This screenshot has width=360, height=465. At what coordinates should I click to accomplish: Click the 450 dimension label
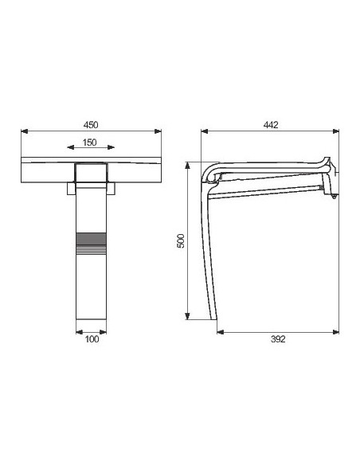pos(91,125)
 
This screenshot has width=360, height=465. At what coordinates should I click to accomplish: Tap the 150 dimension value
pos(89,143)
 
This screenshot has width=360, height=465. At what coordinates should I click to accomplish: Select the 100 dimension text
pos(92,339)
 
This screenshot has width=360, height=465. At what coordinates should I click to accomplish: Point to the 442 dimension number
pos(271,125)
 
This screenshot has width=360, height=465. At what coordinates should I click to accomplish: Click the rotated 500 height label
pos(180,240)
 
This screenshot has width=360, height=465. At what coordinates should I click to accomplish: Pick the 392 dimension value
pos(278,339)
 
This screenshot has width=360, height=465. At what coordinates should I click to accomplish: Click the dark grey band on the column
pos(91,239)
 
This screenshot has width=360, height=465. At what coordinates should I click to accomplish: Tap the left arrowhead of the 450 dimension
pos(25,131)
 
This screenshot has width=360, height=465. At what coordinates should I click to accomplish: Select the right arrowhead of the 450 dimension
pos(158,131)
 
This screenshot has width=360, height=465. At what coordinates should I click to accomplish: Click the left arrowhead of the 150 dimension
pos(71,147)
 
